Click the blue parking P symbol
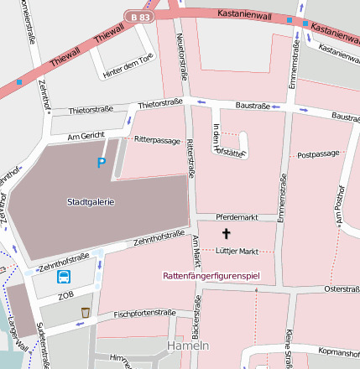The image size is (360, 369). (102, 163)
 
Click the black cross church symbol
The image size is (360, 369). (225, 233)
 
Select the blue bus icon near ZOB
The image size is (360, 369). (63, 277)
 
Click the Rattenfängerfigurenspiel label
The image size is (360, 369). (212, 275)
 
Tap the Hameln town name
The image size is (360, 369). (188, 346)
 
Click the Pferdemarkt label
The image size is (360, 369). (234, 217)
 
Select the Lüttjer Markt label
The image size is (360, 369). (236, 251)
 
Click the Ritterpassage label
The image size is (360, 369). (157, 140)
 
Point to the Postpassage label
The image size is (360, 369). (318, 154)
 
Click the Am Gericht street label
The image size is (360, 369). (86, 134)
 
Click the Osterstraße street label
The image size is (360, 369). (341, 288)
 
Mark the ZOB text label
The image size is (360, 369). (65, 296)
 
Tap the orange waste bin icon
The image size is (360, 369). (85, 312)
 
